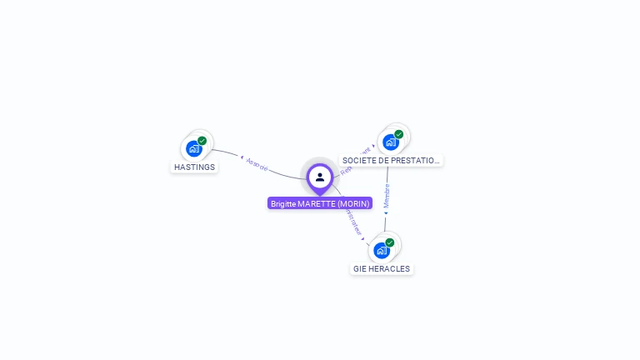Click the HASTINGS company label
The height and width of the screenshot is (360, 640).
[194, 167]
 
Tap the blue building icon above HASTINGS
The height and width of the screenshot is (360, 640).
[194, 149]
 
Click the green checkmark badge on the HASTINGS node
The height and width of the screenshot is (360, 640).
[202, 141]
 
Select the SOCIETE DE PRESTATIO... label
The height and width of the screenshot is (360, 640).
[391, 160]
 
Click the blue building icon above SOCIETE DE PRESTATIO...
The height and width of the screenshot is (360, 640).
[390, 142]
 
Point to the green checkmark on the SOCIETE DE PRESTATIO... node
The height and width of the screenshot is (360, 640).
[398, 134]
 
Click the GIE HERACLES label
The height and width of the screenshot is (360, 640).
[382, 268]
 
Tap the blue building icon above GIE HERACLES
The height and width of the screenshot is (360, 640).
[381, 250]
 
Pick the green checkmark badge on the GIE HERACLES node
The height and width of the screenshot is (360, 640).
[389, 242]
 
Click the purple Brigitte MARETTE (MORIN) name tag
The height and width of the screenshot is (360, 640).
[320, 203]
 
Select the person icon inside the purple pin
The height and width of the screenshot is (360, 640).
[320, 177]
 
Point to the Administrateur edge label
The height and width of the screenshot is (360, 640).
[354, 222]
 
